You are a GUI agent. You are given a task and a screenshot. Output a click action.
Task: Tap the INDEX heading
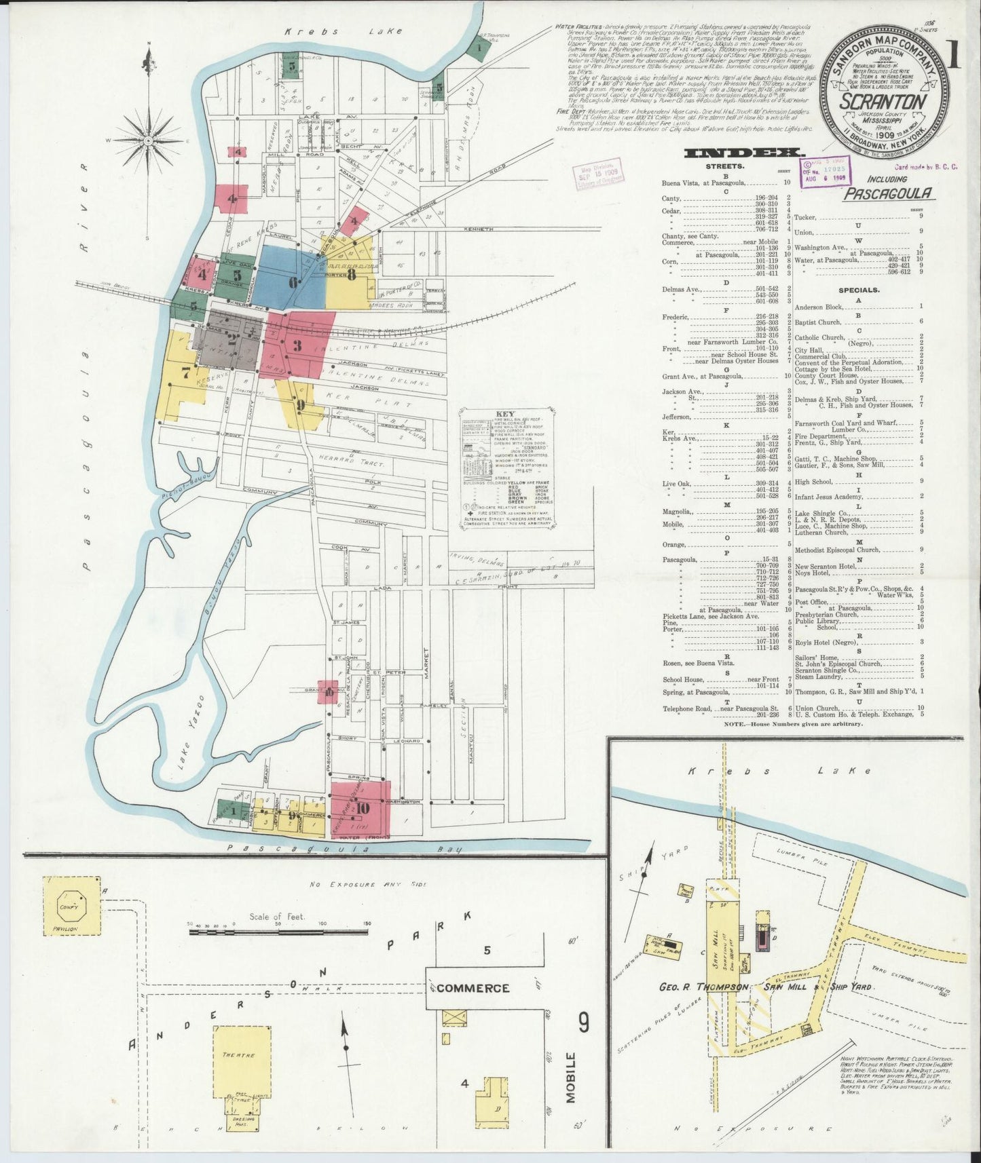coord(744,153)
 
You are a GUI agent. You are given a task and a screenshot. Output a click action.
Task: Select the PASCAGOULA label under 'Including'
coord(888,193)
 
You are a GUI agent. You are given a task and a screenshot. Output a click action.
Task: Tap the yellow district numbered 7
coord(180,373)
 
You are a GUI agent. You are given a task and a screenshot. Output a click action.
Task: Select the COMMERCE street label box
coord(473,989)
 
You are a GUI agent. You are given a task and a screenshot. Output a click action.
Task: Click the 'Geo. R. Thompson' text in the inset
coord(703,987)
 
